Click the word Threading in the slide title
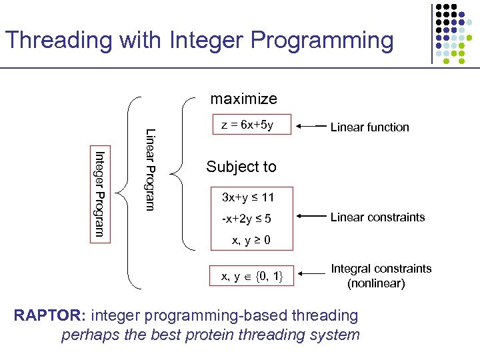click(x=59, y=41)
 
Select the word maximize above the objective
click(x=243, y=99)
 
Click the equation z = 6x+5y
click(x=247, y=125)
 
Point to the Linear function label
click(x=369, y=127)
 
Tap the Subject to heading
click(x=241, y=167)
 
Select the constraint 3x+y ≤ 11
click(x=247, y=197)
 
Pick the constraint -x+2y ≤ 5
click(x=246, y=218)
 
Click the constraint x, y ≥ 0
click(x=251, y=240)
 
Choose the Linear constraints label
click(x=377, y=217)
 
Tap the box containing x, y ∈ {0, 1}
click(x=247, y=275)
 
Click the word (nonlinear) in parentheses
click(x=375, y=283)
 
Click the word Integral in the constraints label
click(x=353, y=269)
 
